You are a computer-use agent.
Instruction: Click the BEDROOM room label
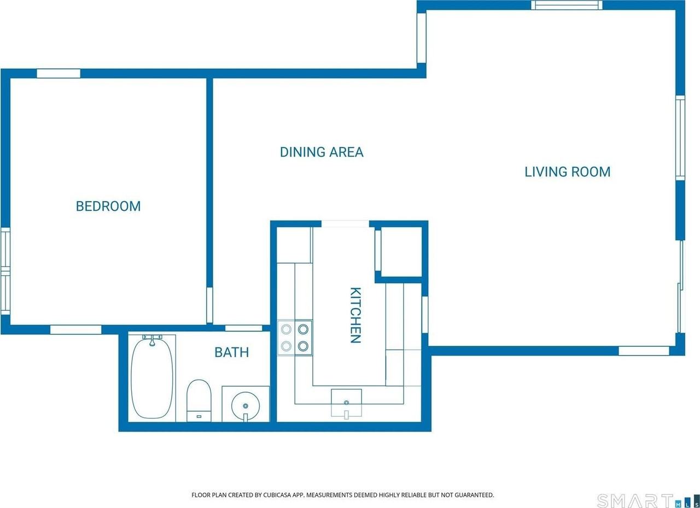click(108, 206)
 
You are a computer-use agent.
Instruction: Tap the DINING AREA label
click(321, 152)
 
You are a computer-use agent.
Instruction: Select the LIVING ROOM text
click(567, 172)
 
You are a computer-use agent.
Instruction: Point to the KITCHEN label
click(355, 315)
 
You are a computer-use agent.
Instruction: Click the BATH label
click(231, 352)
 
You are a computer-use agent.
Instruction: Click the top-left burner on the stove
click(286, 329)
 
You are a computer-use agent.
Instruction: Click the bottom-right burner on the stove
click(303, 346)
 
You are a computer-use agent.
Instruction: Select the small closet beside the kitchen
click(401, 252)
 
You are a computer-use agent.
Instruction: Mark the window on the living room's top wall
click(566, 5)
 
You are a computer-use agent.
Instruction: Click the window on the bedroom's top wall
click(59, 74)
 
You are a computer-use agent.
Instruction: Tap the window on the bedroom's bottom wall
click(75, 329)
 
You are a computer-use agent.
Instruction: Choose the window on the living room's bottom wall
click(644, 351)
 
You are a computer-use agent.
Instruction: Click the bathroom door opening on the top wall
click(244, 328)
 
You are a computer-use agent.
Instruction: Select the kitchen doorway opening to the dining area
click(345, 224)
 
